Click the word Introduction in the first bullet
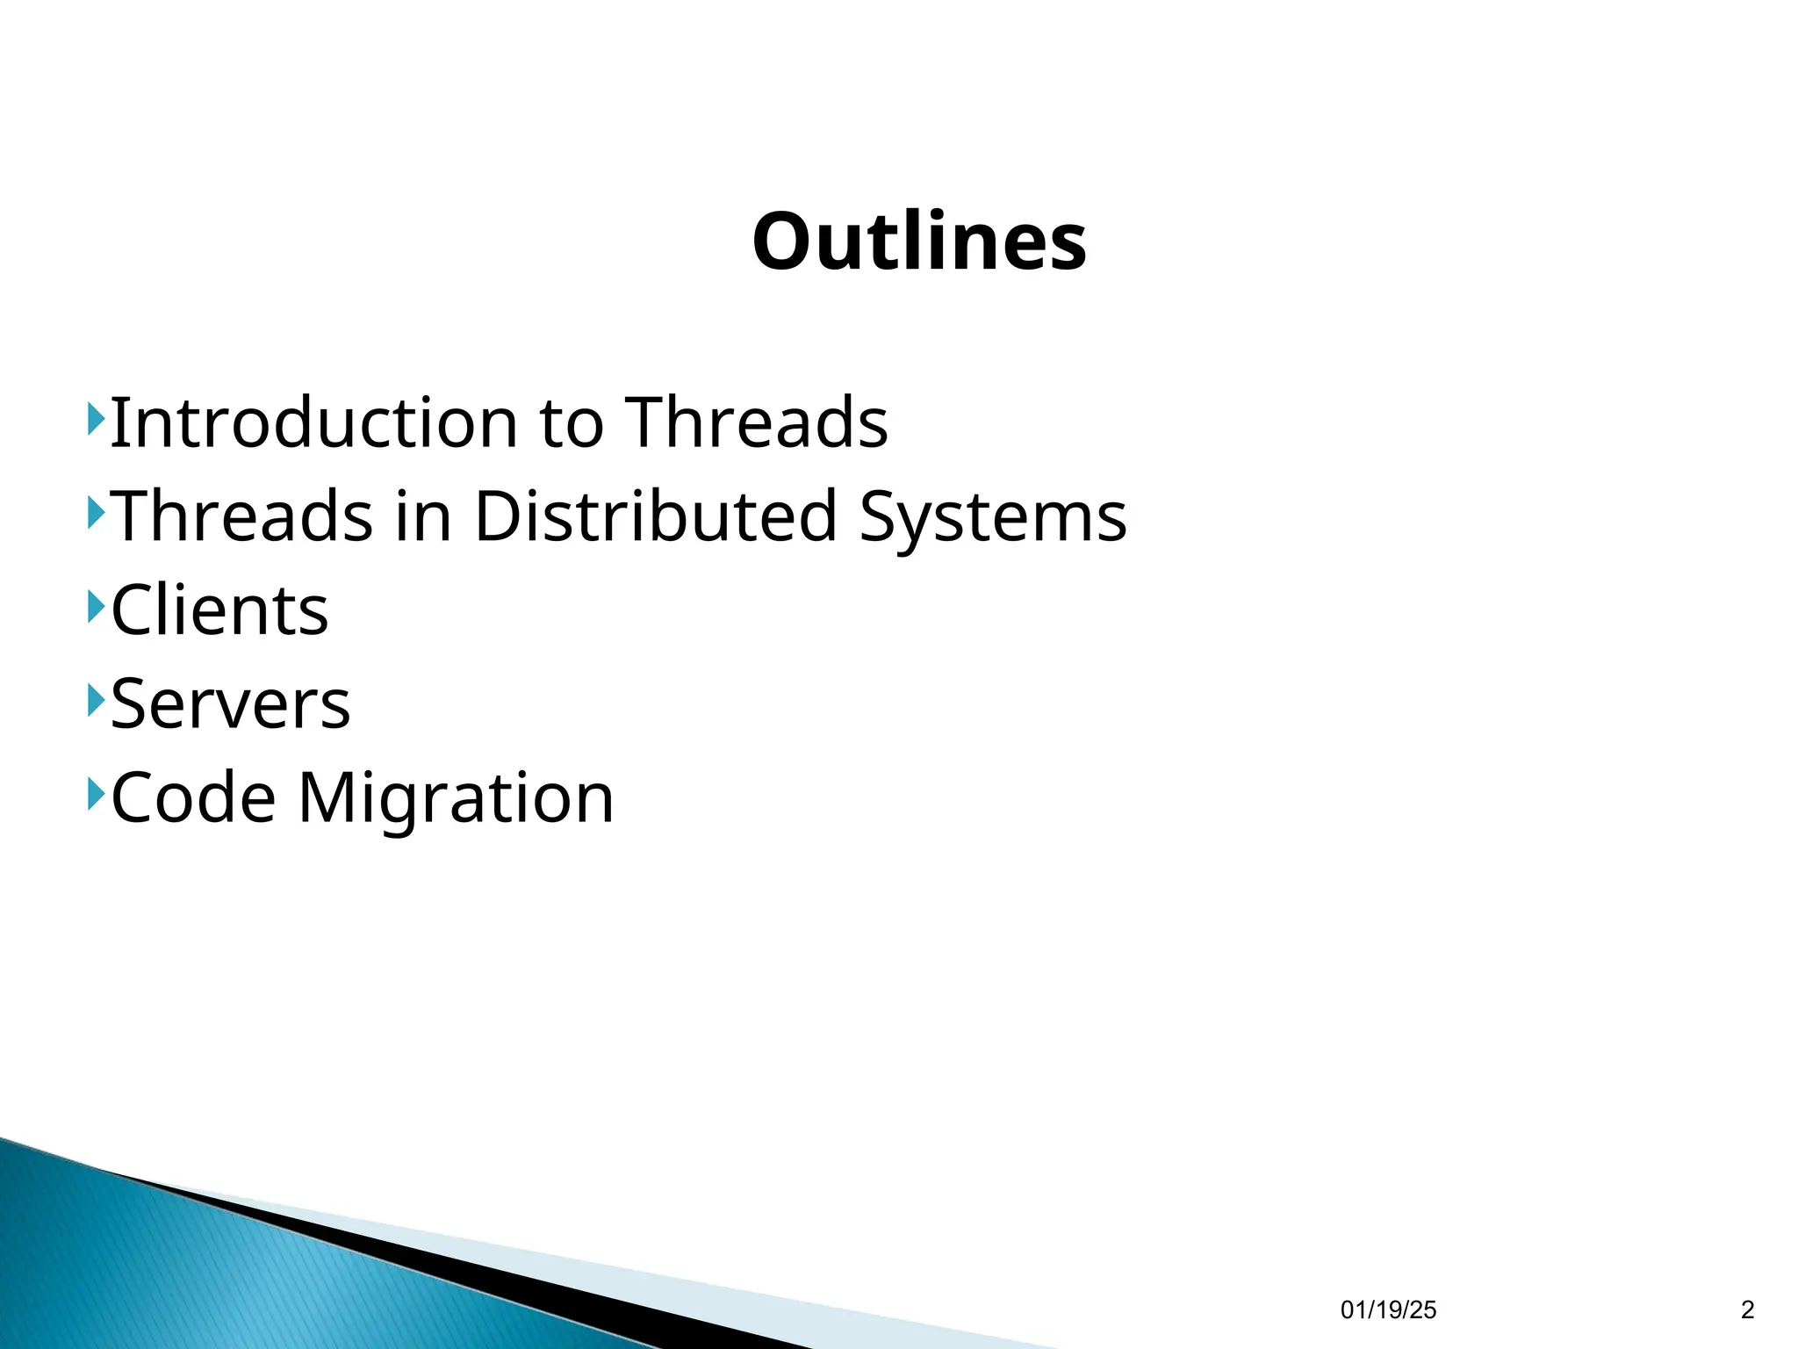pos(313,422)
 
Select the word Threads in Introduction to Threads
pos(756,422)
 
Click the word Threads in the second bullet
pos(242,516)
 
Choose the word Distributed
pos(655,516)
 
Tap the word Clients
pos(219,610)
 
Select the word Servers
pos(230,704)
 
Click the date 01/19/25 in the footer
pos(1388,1310)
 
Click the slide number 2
pos(1746,1310)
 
